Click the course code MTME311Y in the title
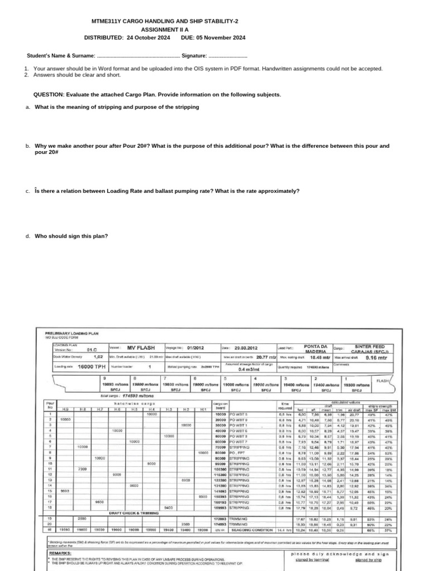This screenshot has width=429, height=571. [106, 21]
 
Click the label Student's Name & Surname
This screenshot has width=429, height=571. [61, 56]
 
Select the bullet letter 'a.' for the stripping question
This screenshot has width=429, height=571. [27, 107]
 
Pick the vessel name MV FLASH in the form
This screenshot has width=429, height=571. [140, 346]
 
